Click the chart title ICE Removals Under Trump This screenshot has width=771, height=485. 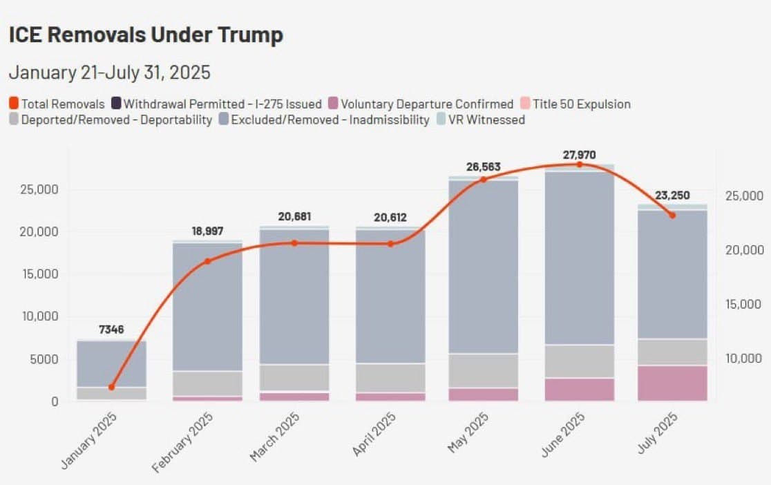(x=146, y=35)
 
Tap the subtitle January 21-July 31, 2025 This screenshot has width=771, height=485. (x=109, y=73)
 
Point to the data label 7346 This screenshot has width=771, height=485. (x=111, y=330)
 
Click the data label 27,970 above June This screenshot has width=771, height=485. (x=579, y=155)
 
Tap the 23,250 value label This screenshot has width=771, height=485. (x=672, y=196)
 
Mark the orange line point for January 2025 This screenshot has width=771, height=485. (x=112, y=387)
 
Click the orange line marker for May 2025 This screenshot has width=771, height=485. (x=484, y=180)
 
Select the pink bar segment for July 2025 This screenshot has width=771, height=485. (x=672, y=383)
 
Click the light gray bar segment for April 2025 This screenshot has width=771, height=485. (x=390, y=378)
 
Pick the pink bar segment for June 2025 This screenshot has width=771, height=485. (x=579, y=390)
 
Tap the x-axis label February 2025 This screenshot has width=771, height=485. (x=183, y=441)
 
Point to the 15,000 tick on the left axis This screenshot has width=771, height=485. (x=41, y=274)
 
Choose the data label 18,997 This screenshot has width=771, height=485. (x=207, y=231)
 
